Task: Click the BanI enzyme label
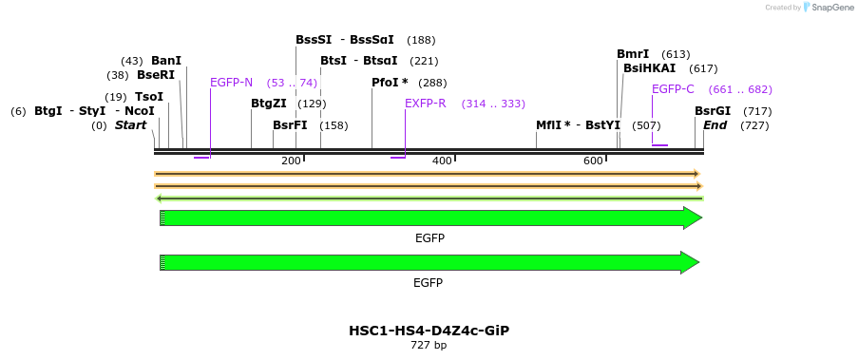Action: click(166, 61)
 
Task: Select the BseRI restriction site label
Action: click(156, 75)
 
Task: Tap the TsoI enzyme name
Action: click(149, 97)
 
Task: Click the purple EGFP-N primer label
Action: click(231, 82)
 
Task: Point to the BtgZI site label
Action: click(268, 104)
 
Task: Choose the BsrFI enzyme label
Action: click(290, 125)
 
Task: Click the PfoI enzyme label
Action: click(390, 83)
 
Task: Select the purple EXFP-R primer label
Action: click(425, 104)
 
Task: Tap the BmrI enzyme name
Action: click(633, 54)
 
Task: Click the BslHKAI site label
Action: click(649, 68)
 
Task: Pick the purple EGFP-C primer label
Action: click(673, 89)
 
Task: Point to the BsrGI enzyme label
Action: click(713, 111)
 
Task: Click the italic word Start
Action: click(133, 125)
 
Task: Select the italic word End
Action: click(715, 125)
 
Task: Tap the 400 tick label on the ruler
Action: click(442, 161)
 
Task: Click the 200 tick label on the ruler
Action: click(291, 161)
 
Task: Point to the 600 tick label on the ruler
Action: click(593, 161)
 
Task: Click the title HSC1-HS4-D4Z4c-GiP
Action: click(429, 331)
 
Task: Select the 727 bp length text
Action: click(429, 346)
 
